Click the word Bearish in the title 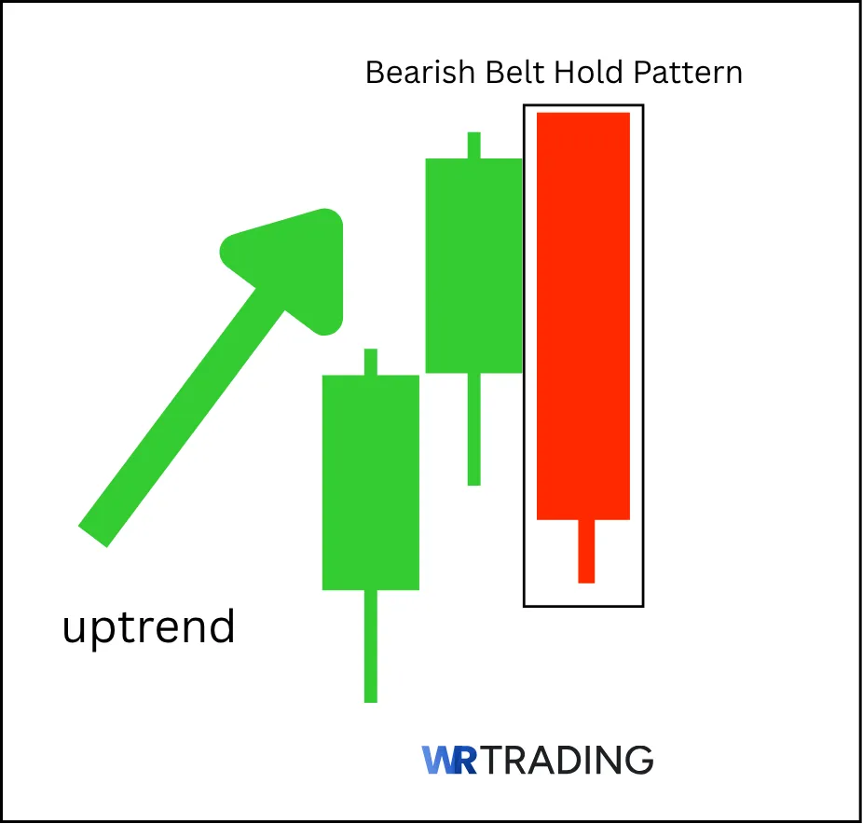tap(409, 73)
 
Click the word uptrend tap(148, 627)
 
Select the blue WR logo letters tap(449, 760)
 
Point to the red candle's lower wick tap(586, 551)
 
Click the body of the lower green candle tap(370, 482)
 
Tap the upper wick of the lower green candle tap(370, 362)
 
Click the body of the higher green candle tap(473, 266)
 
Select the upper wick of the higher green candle tap(473, 145)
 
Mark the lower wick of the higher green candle tap(473, 429)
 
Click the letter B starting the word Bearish tap(375, 73)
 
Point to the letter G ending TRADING tap(638, 760)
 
